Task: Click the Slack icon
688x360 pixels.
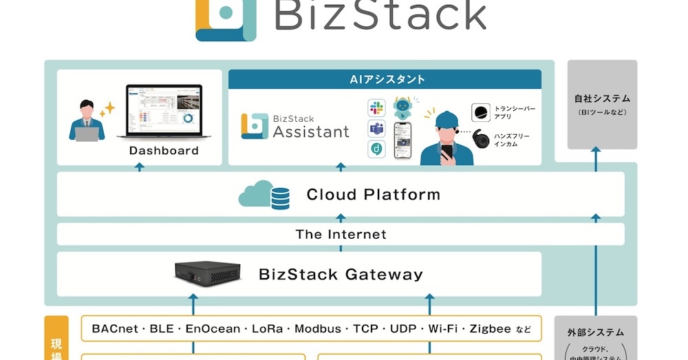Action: [x=376, y=107]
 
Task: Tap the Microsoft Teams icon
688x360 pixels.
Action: [x=376, y=128]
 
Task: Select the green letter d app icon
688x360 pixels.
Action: [x=376, y=149]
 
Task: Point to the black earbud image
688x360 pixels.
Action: [x=482, y=139]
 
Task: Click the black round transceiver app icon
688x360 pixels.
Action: [x=481, y=112]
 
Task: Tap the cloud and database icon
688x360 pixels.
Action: [x=264, y=195]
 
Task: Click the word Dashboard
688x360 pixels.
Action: [x=164, y=151]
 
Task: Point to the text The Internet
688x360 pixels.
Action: [x=341, y=235]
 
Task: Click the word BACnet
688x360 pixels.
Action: [x=114, y=329]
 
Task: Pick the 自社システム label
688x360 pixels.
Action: [x=603, y=99]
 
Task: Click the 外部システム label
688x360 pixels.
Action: [x=603, y=332]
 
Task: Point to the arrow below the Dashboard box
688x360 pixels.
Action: [x=140, y=167]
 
